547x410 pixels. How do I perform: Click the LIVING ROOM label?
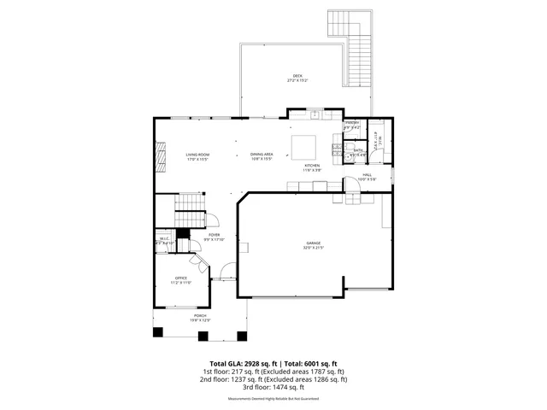(x=198, y=155)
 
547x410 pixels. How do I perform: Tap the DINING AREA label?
(x=262, y=155)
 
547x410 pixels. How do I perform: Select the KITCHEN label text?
(x=313, y=166)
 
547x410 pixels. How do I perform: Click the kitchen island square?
(x=303, y=143)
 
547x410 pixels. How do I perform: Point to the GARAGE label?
(x=315, y=243)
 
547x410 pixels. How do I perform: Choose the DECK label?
(x=297, y=77)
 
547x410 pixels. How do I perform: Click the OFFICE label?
(x=181, y=278)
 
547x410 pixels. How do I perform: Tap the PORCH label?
(x=199, y=316)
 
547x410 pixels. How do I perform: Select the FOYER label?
(x=214, y=235)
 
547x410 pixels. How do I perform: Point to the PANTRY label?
(x=351, y=124)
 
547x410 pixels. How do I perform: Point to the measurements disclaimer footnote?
(x=273, y=399)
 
